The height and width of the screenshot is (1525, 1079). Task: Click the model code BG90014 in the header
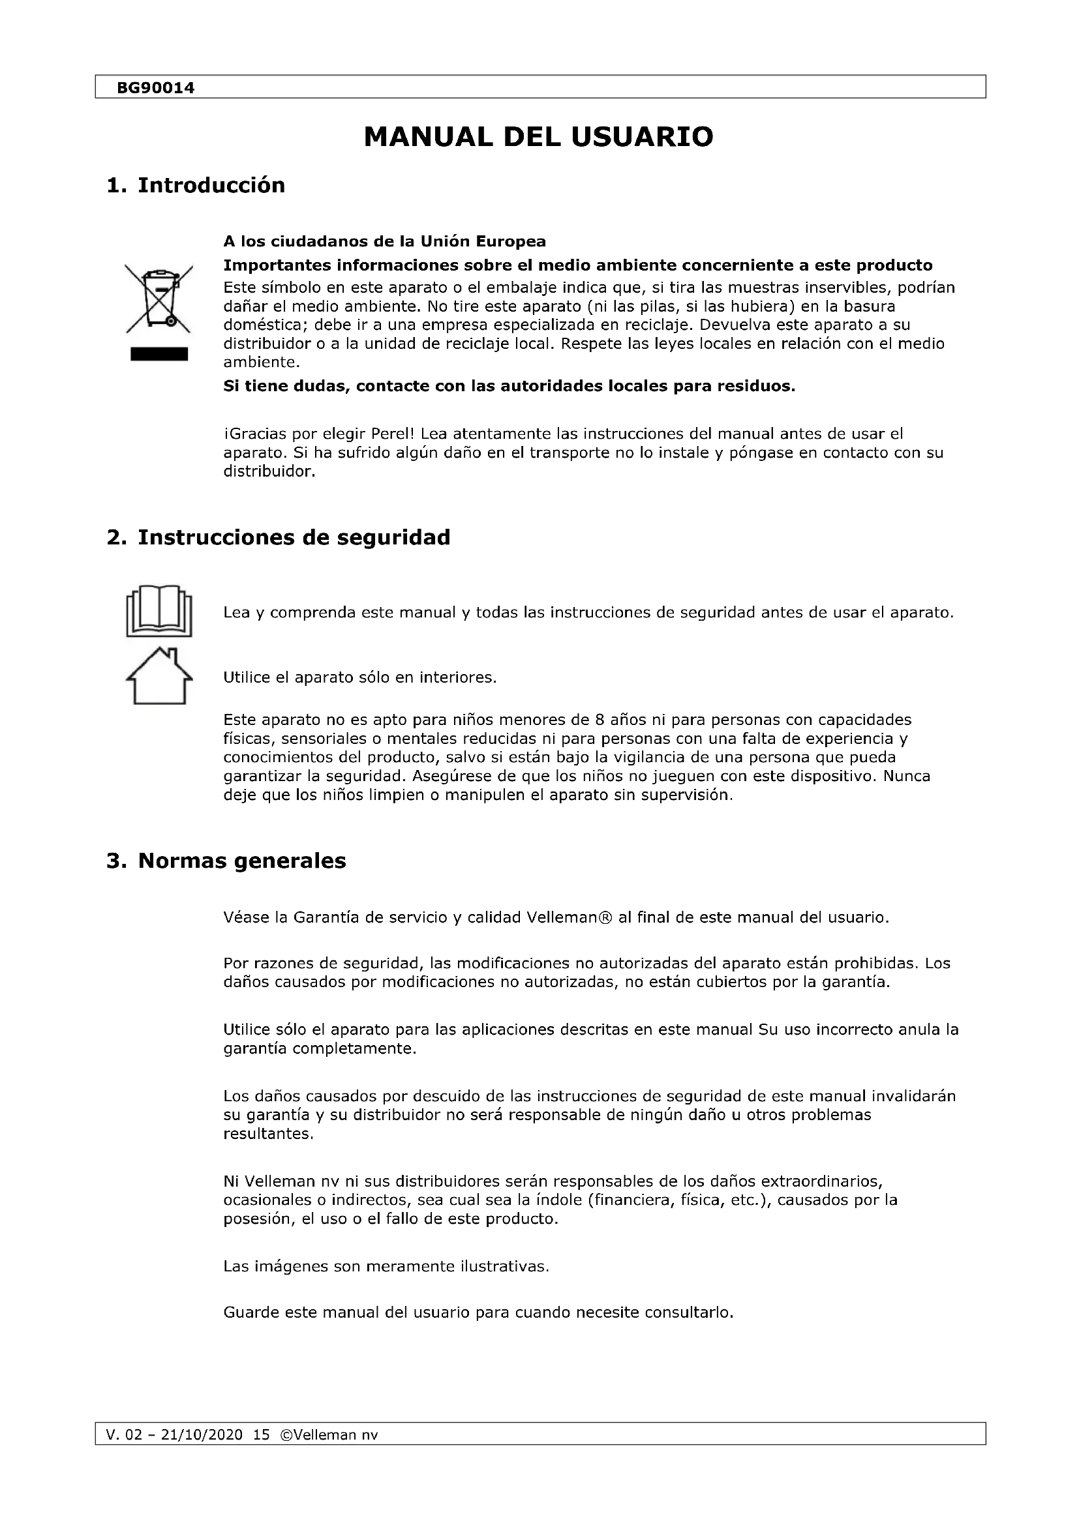155,87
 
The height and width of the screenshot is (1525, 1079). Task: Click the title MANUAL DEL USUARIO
538,137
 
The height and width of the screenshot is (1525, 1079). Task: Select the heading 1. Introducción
195,185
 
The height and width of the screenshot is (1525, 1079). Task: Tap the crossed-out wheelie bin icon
159,298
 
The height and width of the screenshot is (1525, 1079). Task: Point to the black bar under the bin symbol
159,354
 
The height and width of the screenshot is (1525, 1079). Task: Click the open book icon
159,611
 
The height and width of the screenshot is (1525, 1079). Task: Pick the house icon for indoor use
159,675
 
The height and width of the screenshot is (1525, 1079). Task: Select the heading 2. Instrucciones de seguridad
279,537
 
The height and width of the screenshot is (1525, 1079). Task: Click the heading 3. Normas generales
226,861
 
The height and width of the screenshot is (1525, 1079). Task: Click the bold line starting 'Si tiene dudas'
509,387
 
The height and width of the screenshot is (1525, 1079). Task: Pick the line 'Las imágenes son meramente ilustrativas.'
386,1267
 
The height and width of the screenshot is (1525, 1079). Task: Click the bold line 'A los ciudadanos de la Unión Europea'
384,241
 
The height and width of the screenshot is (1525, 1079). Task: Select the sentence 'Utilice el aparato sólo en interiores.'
359,678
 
